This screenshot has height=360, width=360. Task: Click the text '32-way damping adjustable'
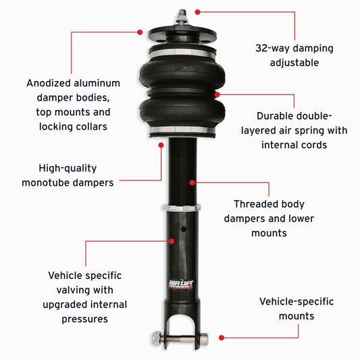(294, 55)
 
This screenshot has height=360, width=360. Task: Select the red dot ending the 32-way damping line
(198, 11)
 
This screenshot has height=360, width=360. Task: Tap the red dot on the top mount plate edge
(140, 31)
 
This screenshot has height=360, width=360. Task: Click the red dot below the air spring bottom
(161, 143)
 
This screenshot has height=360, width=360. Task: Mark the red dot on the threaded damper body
(192, 182)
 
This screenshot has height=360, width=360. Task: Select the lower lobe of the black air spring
(178, 108)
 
